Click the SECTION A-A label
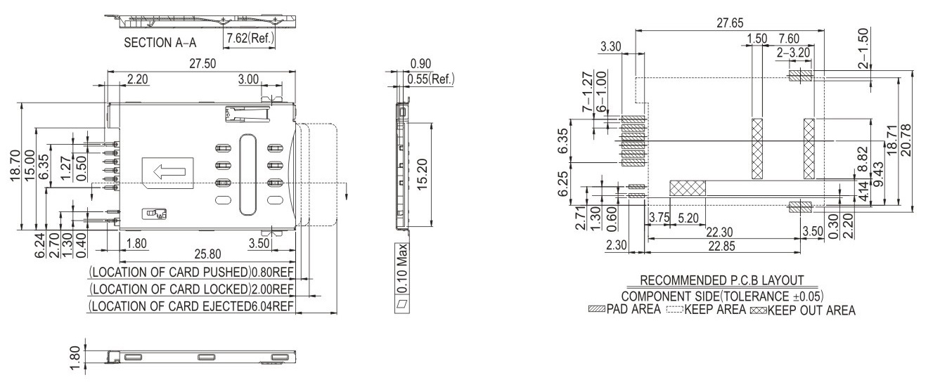(162, 42)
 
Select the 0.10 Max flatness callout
(402, 277)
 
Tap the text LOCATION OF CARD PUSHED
(171, 272)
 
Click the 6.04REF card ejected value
(272, 306)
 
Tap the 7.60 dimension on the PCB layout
(788, 38)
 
